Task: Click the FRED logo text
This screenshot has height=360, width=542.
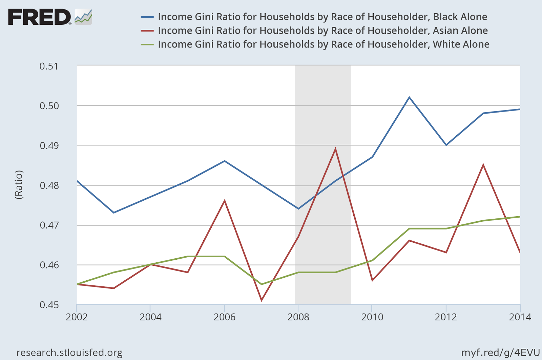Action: click(39, 17)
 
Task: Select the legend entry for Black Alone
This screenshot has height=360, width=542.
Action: click(322, 17)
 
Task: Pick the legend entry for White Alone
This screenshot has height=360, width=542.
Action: click(323, 44)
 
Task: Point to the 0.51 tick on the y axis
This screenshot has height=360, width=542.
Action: click(49, 66)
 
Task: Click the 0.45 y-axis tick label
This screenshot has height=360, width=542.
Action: click(49, 305)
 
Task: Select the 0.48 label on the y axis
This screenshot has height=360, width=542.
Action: click(49, 185)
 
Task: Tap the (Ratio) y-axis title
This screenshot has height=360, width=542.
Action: click(19, 185)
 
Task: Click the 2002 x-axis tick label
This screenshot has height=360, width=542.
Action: click(77, 317)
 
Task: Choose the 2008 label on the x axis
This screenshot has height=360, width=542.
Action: click(298, 317)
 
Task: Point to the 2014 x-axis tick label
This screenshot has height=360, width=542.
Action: click(520, 317)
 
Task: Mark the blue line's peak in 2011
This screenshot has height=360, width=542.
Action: click(409, 97)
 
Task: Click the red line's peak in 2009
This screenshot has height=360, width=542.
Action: click(335, 149)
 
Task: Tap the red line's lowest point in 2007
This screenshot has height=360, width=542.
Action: click(262, 300)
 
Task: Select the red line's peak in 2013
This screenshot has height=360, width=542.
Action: click(483, 165)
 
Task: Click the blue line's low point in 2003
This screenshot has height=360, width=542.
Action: click(114, 213)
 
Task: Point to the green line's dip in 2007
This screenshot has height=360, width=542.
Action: click(262, 284)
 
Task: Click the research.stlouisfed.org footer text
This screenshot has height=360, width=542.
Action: click(69, 353)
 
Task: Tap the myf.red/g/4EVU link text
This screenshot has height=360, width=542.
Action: click(500, 353)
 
